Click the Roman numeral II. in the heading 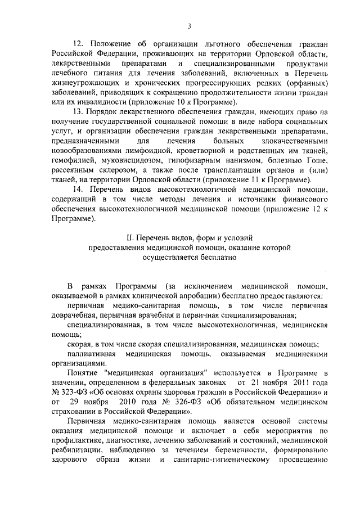(x=132, y=238)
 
